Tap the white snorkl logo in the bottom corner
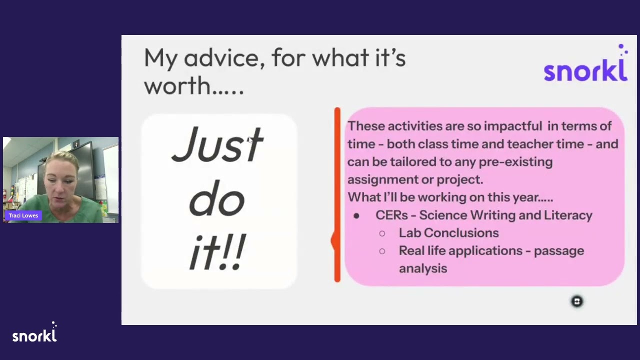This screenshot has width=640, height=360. [34, 332]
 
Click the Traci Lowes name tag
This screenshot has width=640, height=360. [23, 215]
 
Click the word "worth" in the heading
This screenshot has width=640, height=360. [177, 85]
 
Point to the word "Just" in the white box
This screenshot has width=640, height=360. [217, 145]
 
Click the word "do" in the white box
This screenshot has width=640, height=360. [216, 197]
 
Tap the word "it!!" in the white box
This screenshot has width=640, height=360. [217, 251]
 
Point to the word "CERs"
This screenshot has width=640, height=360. [391, 215]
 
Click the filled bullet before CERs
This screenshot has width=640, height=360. [356, 216]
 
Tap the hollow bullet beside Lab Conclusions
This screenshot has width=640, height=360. [382, 233]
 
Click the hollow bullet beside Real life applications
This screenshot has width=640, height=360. [382, 251]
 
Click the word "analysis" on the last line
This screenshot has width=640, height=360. [423, 268]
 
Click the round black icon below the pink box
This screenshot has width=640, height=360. [577, 301]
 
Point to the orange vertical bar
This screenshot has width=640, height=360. [337, 195]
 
